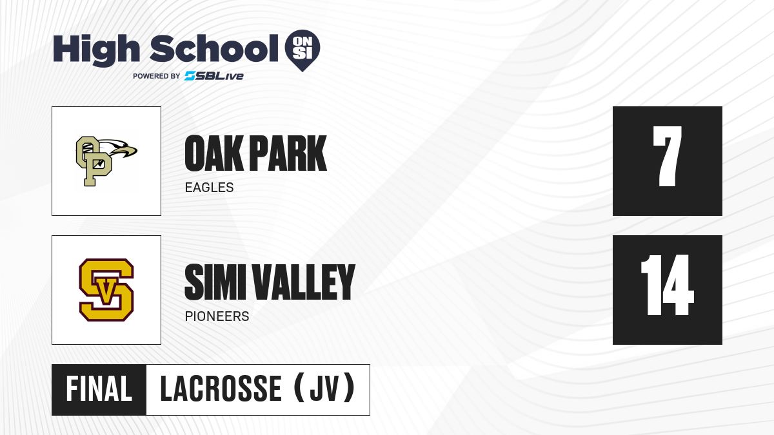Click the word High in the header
pyautogui.click(x=96, y=50)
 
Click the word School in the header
pyautogui.click(x=214, y=48)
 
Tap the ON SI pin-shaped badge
pyautogui.click(x=303, y=50)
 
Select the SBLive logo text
pyautogui.click(x=214, y=75)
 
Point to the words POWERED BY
pyautogui.click(x=156, y=76)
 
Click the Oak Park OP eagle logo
pyautogui.click(x=106, y=161)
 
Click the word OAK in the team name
pyautogui.click(x=214, y=153)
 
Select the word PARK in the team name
pyautogui.click(x=288, y=153)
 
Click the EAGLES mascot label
pyautogui.click(x=210, y=188)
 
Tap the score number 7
pyautogui.click(x=667, y=156)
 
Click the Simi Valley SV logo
pyautogui.click(x=106, y=290)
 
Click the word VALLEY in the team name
pyautogui.click(x=304, y=282)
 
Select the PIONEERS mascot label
pyautogui.click(x=217, y=316)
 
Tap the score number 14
pyautogui.click(x=667, y=285)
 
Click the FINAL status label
pyautogui.click(x=99, y=389)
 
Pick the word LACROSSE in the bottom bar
pyautogui.click(x=221, y=389)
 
